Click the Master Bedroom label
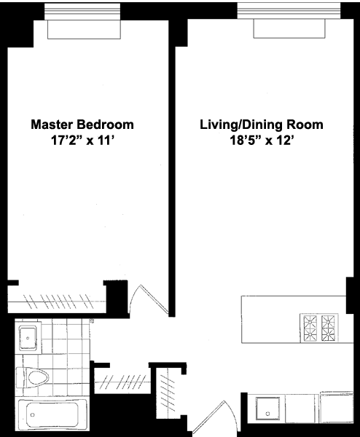[x=82, y=125]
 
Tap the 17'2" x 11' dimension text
[x=83, y=141]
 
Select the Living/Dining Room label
[x=262, y=125]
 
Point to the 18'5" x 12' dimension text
[x=262, y=141]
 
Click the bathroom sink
[x=28, y=338]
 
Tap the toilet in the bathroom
[x=33, y=377]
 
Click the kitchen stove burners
[x=319, y=328]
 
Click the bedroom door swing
[x=149, y=299]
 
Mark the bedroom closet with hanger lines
[x=57, y=301]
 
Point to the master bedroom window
[x=82, y=12]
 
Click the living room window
[x=289, y=11]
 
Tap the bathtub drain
[x=32, y=415]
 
